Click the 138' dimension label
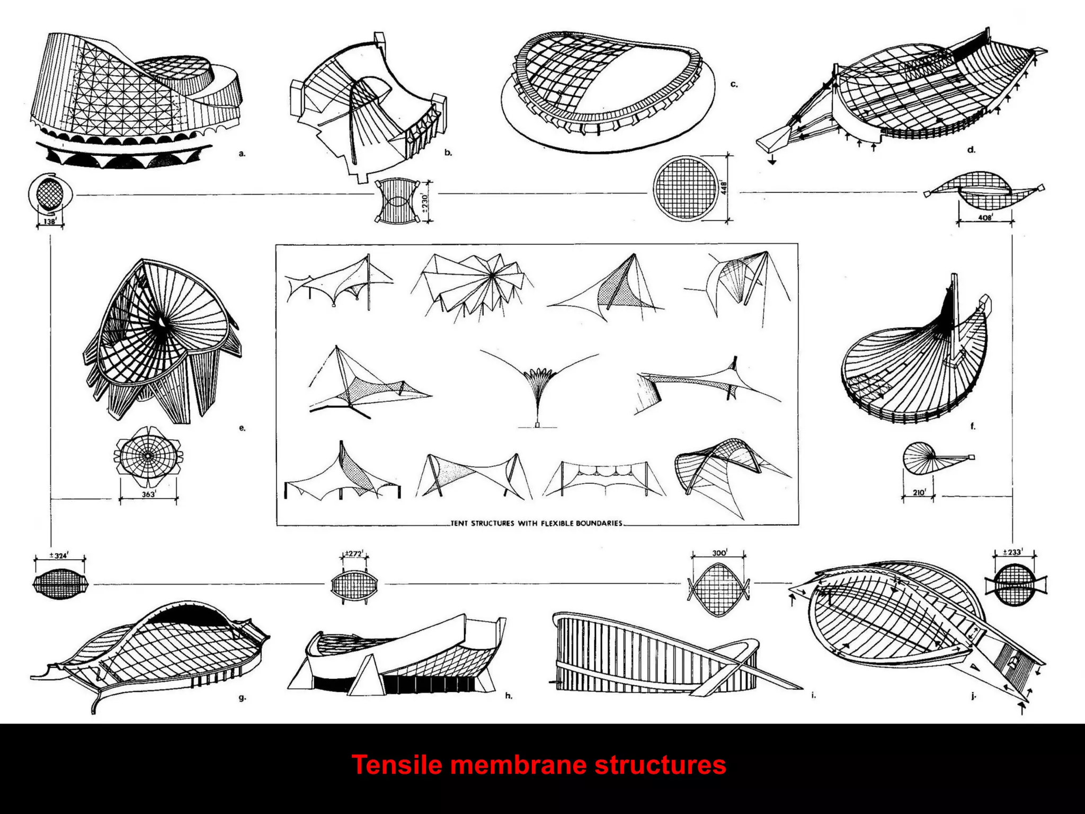[50, 222]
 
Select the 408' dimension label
[985, 217]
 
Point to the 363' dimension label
[148, 494]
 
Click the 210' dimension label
[919, 492]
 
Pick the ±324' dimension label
[59, 555]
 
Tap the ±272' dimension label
[354, 554]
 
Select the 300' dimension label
[719, 553]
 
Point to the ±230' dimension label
[424, 201]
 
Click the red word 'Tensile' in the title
[396, 765]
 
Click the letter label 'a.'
[242, 154]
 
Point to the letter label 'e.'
[242, 428]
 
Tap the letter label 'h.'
[509, 696]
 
